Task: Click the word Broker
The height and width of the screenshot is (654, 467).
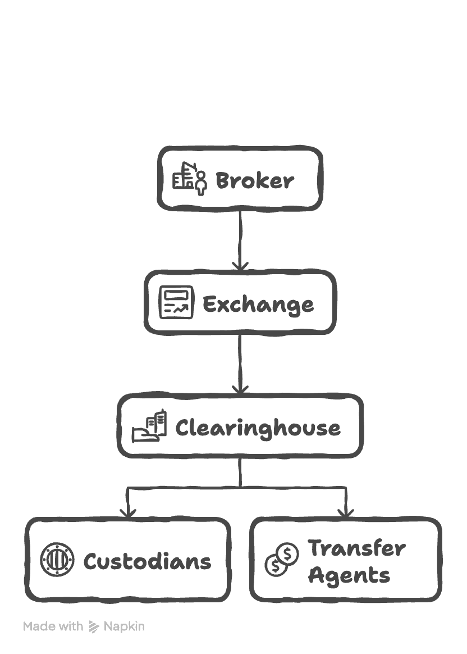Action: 254,181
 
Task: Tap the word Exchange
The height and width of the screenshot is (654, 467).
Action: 258,305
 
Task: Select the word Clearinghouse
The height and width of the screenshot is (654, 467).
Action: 258,428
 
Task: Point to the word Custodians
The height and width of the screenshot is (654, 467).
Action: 147,561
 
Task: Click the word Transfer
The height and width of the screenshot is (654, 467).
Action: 356,548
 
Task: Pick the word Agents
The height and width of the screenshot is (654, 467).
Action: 349,575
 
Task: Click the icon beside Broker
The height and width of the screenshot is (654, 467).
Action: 189,178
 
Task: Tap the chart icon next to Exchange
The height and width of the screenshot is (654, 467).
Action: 176,302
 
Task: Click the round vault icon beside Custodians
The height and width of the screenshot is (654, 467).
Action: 57,560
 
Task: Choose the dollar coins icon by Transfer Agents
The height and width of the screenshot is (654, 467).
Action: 282,560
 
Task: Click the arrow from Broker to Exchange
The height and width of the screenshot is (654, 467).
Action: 240,236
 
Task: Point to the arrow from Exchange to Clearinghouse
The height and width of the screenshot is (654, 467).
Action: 240,360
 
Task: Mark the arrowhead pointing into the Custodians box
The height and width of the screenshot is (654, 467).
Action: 128,512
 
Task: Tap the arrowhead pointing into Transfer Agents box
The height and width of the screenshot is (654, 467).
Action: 345,512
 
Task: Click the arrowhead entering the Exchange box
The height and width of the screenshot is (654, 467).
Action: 240,265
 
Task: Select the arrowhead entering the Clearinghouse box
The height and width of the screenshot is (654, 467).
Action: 240,388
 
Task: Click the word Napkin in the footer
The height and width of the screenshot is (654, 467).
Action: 124,626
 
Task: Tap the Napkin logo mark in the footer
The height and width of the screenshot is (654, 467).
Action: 94,627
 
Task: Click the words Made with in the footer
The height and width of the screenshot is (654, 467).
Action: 53,626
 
